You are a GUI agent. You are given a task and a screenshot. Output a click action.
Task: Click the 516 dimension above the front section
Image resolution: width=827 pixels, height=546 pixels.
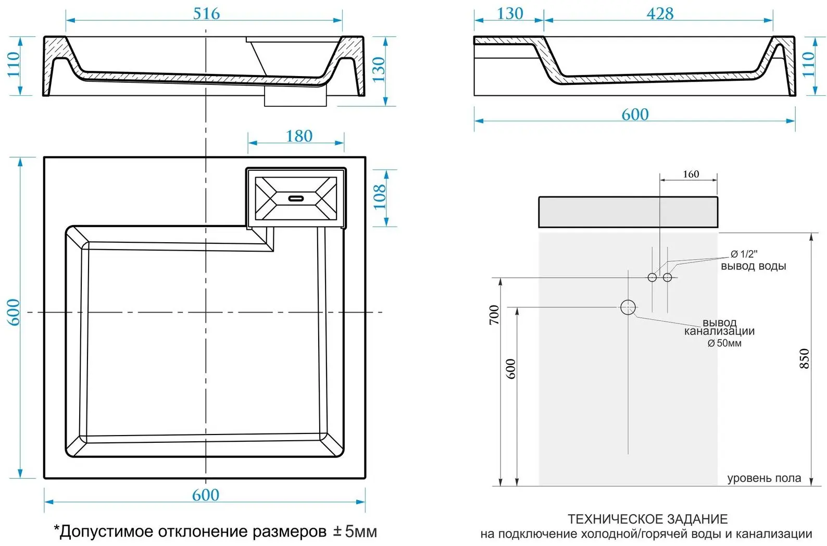point(206,14)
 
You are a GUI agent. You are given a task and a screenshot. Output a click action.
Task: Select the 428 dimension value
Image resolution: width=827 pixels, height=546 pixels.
point(660,14)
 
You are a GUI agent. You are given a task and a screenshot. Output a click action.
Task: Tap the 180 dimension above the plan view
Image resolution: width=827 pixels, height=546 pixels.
point(299,136)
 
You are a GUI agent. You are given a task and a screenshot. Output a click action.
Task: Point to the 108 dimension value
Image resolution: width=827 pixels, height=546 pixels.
point(380,196)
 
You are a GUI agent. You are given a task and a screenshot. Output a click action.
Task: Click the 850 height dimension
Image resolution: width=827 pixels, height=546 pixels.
point(805,359)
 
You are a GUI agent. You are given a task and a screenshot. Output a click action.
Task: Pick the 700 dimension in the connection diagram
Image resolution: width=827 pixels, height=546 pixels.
point(494,315)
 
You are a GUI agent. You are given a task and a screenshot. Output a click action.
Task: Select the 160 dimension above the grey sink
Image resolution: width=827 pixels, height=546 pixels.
point(691,174)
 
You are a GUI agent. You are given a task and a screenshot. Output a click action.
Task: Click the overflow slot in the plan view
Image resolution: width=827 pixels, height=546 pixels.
point(296,198)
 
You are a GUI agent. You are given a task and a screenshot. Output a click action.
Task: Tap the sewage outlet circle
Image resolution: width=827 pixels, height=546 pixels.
point(628,307)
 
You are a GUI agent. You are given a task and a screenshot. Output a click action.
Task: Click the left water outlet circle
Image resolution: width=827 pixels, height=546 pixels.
point(652,277)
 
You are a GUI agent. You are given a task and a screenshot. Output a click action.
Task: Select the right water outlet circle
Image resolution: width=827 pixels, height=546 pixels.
point(668,277)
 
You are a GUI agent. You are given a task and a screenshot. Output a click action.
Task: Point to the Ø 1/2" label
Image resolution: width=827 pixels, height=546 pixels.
point(744,254)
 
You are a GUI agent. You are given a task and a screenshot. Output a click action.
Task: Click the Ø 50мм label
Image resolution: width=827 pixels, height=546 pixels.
point(724,343)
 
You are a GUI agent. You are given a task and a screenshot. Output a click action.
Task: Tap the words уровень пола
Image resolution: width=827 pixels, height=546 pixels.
point(764,478)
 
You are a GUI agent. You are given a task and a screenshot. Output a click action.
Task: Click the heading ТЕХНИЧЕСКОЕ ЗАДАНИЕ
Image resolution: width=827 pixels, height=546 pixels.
point(647,519)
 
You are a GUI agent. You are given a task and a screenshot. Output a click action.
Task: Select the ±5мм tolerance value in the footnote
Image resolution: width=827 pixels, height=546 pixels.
point(355,531)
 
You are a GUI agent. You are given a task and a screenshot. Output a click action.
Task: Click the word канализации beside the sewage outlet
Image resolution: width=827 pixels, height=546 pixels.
point(719,331)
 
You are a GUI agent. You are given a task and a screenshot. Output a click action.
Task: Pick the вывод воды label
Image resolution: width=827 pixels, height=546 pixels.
point(753,266)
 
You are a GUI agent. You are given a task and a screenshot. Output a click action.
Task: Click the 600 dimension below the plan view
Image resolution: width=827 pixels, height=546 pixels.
point(206,495)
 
